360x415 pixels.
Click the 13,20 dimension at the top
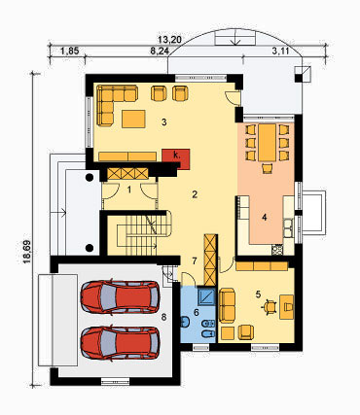(x=170, y=40)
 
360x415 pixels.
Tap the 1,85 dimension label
(x=70, y=51)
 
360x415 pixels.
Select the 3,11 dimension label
(x=281, y=51)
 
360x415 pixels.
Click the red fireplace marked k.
(x=176, y=157)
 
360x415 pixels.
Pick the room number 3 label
(x=164, y=122)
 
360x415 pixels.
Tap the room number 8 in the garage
(x=163, y=317)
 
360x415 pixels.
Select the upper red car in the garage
(x=120, y=297)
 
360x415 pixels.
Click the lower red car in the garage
(x=120, y=343)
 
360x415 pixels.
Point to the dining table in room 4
(x=268, y=143)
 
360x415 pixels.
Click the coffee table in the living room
(x=133, y=119)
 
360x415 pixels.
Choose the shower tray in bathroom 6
(x=207, y=296)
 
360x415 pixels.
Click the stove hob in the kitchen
(x=277, y=250)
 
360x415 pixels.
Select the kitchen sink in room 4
(x=288, y=227)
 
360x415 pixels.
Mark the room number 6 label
(x=196, y=312)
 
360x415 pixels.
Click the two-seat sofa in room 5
(x=227, y=305)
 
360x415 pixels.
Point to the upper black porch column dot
(x=90, y=177)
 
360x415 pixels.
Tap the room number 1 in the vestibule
(x=129, y=190)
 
